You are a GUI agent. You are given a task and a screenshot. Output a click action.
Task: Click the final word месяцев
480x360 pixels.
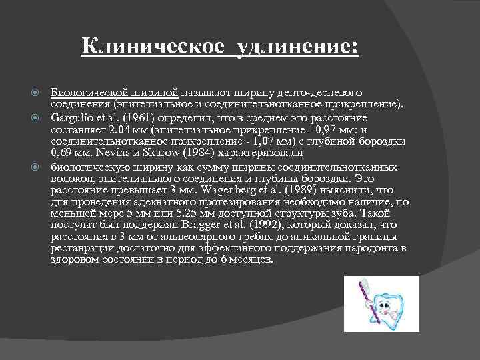click(x=250, y=259)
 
